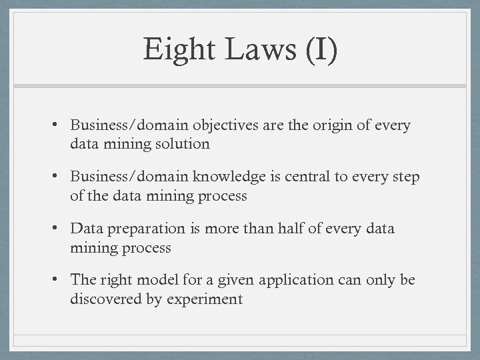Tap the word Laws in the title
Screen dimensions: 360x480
(259, 50)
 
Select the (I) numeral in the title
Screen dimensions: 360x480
(321, 51)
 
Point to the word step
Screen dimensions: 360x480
(405, 178)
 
